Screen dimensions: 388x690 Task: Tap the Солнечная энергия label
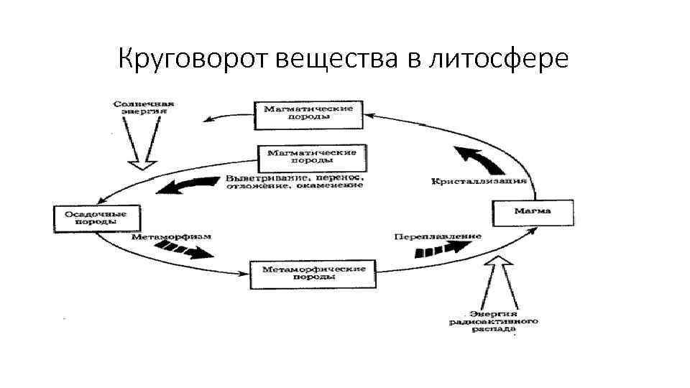click(144, 107)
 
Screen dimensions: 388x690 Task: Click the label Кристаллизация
click(479, 180)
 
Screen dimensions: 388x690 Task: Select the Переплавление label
click(437, 236)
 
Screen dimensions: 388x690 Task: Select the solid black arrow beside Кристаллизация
click(478, 157)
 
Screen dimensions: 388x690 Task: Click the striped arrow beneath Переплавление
click(438, 249)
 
